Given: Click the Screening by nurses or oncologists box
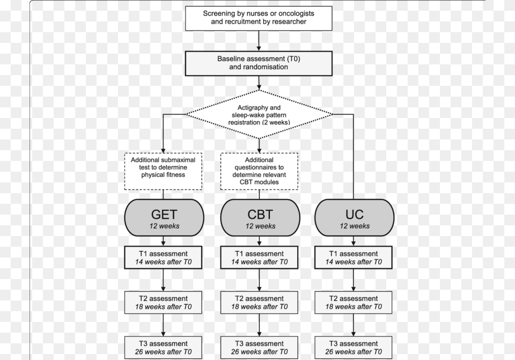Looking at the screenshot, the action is [x=259, y=18].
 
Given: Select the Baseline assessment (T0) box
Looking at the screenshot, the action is [x=259, y=63].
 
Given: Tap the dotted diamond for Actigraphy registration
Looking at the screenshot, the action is [x=259, y=114].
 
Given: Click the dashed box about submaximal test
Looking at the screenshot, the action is [x=163, y=171].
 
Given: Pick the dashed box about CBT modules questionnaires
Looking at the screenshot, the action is [x=259, y=171].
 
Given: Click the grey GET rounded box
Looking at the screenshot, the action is [x=164, y=217].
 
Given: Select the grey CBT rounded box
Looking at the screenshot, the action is [x=260, y=217].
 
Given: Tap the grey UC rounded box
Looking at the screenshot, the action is [x=355, y=217].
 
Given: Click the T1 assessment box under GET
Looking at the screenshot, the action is [x=163, y=258].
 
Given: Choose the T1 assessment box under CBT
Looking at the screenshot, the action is [x=259, y=258].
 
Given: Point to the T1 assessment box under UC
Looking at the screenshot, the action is [x=354, y=258].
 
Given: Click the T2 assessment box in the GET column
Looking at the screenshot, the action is [x=163, y=303].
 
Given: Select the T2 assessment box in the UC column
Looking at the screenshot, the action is [x=354, y=303].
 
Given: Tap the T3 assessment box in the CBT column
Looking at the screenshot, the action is [x=259, y=348].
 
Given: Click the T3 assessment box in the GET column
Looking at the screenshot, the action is [x=163, y=348].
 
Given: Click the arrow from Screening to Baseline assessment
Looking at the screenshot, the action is [x=259, y=41].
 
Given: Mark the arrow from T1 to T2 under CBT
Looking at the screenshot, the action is [x=259, y=280].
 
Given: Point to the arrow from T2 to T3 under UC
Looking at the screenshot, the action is [x=354, y=325].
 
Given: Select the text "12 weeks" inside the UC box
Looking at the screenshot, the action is [x=355, y=226].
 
